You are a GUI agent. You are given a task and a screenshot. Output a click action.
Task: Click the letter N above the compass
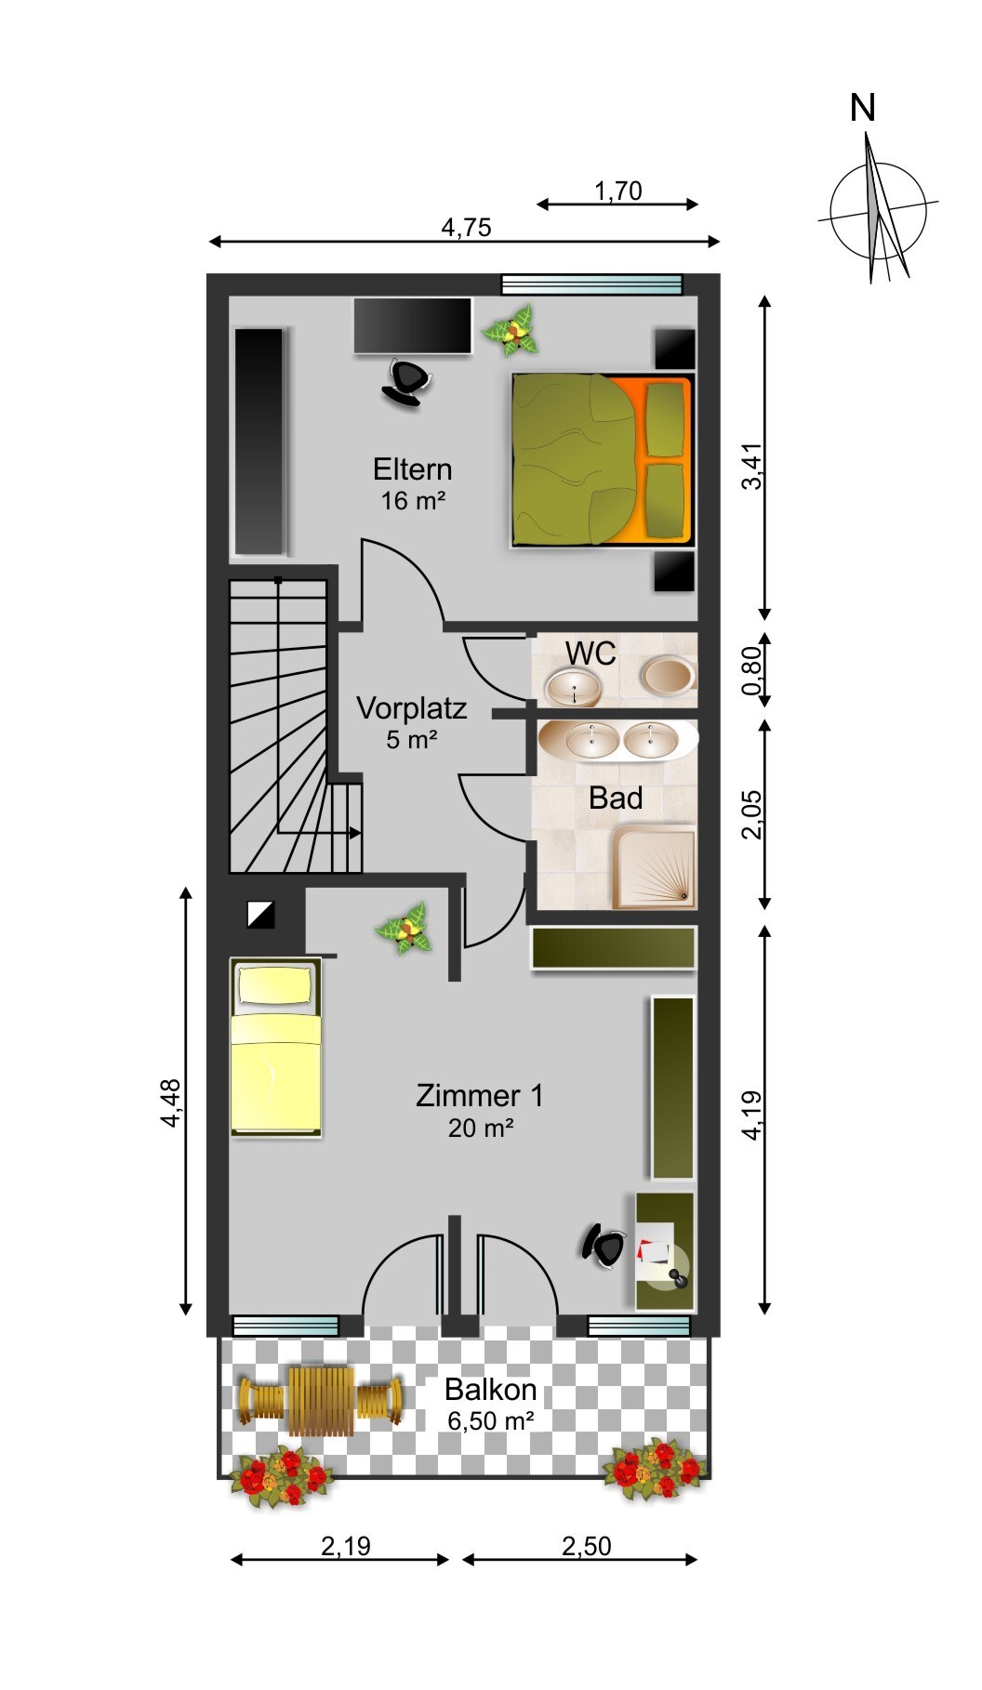pyautogui.click(x=863, y=109)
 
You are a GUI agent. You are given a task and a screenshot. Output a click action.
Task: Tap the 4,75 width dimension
pyautogui.click(x=466, y=227)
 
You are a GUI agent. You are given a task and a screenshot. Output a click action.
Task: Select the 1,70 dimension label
pyautogui.click(x=618, y=191)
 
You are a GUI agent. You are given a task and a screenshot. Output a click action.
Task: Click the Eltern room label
pyautogui.click(x=413, y=469)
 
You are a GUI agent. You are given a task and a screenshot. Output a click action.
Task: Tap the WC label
pyautogui.click(x=591, y=654)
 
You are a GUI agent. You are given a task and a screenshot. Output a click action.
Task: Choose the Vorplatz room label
pyautogui.click(x=412, y=708)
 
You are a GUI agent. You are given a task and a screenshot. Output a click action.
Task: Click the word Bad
pyautogui.click(x=616, y=798)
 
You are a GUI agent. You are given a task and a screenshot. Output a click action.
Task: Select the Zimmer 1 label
pyautogui.click(x=480, y=1095)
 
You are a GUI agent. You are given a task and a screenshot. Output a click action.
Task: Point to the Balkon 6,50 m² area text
pyautogui.click(x=491, y=1405)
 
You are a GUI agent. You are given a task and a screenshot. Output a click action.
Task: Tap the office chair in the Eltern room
pyautogui.click(x=407, y=382)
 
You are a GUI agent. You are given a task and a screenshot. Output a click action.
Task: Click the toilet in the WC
pyautogui.click(x=669, y=675)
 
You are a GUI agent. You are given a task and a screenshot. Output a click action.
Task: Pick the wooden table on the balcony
pyautogui.click(x=322, y=1400)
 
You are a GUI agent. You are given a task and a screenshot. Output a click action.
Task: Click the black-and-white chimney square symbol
pyautogui.click(x=261, y=915)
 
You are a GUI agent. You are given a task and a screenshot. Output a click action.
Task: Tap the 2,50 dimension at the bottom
pyautogui.click(x=587, y=1546)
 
